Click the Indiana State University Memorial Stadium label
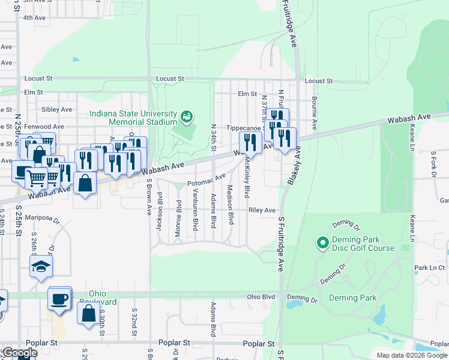(133, 118)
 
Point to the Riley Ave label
(262, 211)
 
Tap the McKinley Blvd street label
(246, 182)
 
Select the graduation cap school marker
(41, 267)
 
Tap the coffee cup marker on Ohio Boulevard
(59, 299)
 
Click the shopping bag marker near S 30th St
(88, 313)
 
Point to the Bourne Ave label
(313, 109)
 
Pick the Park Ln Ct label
(429, 267)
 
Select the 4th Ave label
(34, 18)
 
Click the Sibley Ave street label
(56, 110)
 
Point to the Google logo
(19, 353)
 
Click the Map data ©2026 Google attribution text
(411, 355)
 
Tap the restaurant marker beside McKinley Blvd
(248, 143)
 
